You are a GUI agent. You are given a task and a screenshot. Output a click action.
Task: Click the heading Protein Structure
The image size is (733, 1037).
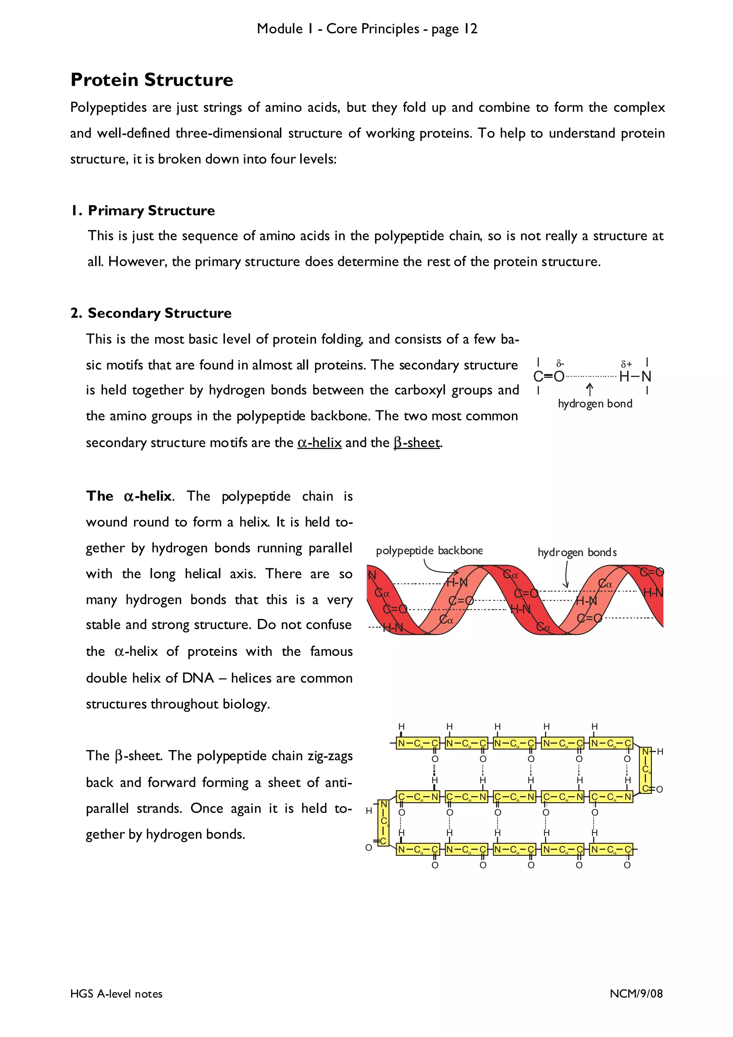point(152,80)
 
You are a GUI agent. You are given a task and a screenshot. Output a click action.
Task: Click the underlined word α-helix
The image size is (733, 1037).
point(319,442)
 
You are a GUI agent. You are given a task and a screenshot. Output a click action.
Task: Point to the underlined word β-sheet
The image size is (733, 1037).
point(416,442)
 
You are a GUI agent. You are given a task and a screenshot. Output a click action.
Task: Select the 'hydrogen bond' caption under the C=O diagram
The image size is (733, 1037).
point(595,403)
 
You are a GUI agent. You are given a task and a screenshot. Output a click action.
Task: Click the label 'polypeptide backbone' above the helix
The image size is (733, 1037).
point(429,551)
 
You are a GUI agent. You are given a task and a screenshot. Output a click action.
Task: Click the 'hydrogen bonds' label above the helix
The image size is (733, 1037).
point(577,552)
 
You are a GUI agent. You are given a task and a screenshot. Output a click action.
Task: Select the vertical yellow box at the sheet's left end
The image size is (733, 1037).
point(383,823)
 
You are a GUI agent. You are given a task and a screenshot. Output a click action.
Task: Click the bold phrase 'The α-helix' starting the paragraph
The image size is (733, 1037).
point(129,496)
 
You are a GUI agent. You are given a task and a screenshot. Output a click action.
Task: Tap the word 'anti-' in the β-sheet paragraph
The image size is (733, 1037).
point(338,783)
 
